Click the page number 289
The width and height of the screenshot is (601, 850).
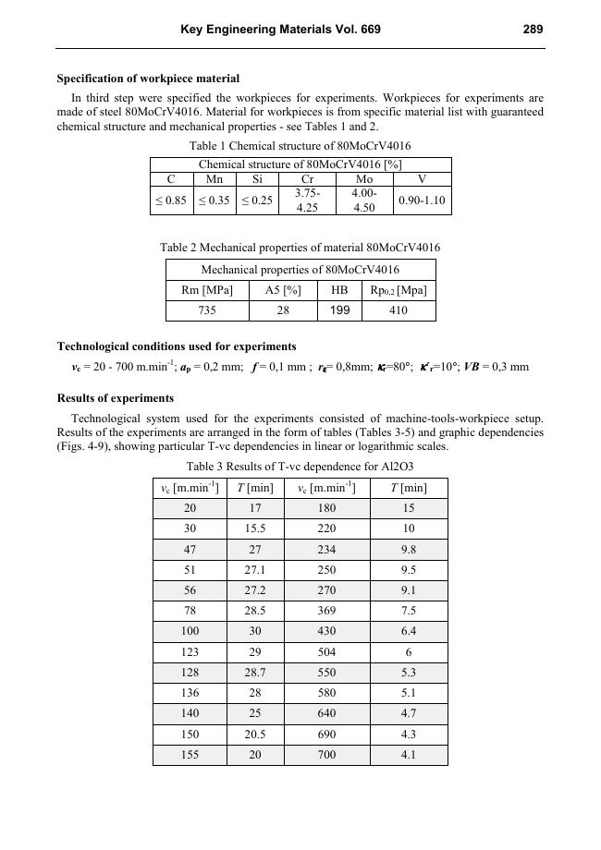[533, 30]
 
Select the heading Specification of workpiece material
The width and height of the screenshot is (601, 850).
[148, 79]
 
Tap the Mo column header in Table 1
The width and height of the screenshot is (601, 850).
[364, 179]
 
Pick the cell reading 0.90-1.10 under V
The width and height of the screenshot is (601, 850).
[422, 200]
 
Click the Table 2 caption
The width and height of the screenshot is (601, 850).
[300, 248]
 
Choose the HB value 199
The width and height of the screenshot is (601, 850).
[340, 310]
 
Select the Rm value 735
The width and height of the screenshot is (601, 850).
[207, 310]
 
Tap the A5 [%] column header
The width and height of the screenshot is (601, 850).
[283, 290]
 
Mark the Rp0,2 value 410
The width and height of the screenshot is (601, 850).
[399, 310]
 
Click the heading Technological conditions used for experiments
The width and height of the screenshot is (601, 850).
[177, 346]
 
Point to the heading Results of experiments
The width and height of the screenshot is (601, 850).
[116, 398]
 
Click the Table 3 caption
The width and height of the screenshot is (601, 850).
[300, 466]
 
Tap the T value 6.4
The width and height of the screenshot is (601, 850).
[409, 631]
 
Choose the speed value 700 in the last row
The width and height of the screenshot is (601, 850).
[327, 755]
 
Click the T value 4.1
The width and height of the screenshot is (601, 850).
[409, 755]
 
